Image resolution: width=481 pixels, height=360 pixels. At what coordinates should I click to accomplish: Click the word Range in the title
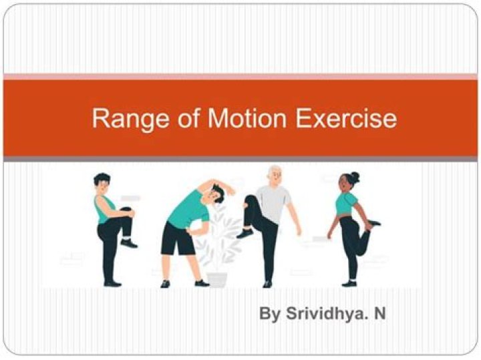coord(125,119)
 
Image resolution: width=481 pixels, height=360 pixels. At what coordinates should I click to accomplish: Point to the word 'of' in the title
coord(179,119)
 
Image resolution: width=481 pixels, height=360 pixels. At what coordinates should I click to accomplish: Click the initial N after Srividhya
coord(379,313)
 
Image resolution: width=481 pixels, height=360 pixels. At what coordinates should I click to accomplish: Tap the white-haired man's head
coord(274,177)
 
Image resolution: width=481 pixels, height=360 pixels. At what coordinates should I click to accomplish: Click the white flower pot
coord(216,278)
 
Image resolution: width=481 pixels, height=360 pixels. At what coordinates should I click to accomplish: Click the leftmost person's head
coord(102,182)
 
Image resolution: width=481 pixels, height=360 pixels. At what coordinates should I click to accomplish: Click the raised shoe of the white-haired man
coord(245,233)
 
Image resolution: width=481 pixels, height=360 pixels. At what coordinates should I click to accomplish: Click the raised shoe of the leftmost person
coord(128,244)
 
